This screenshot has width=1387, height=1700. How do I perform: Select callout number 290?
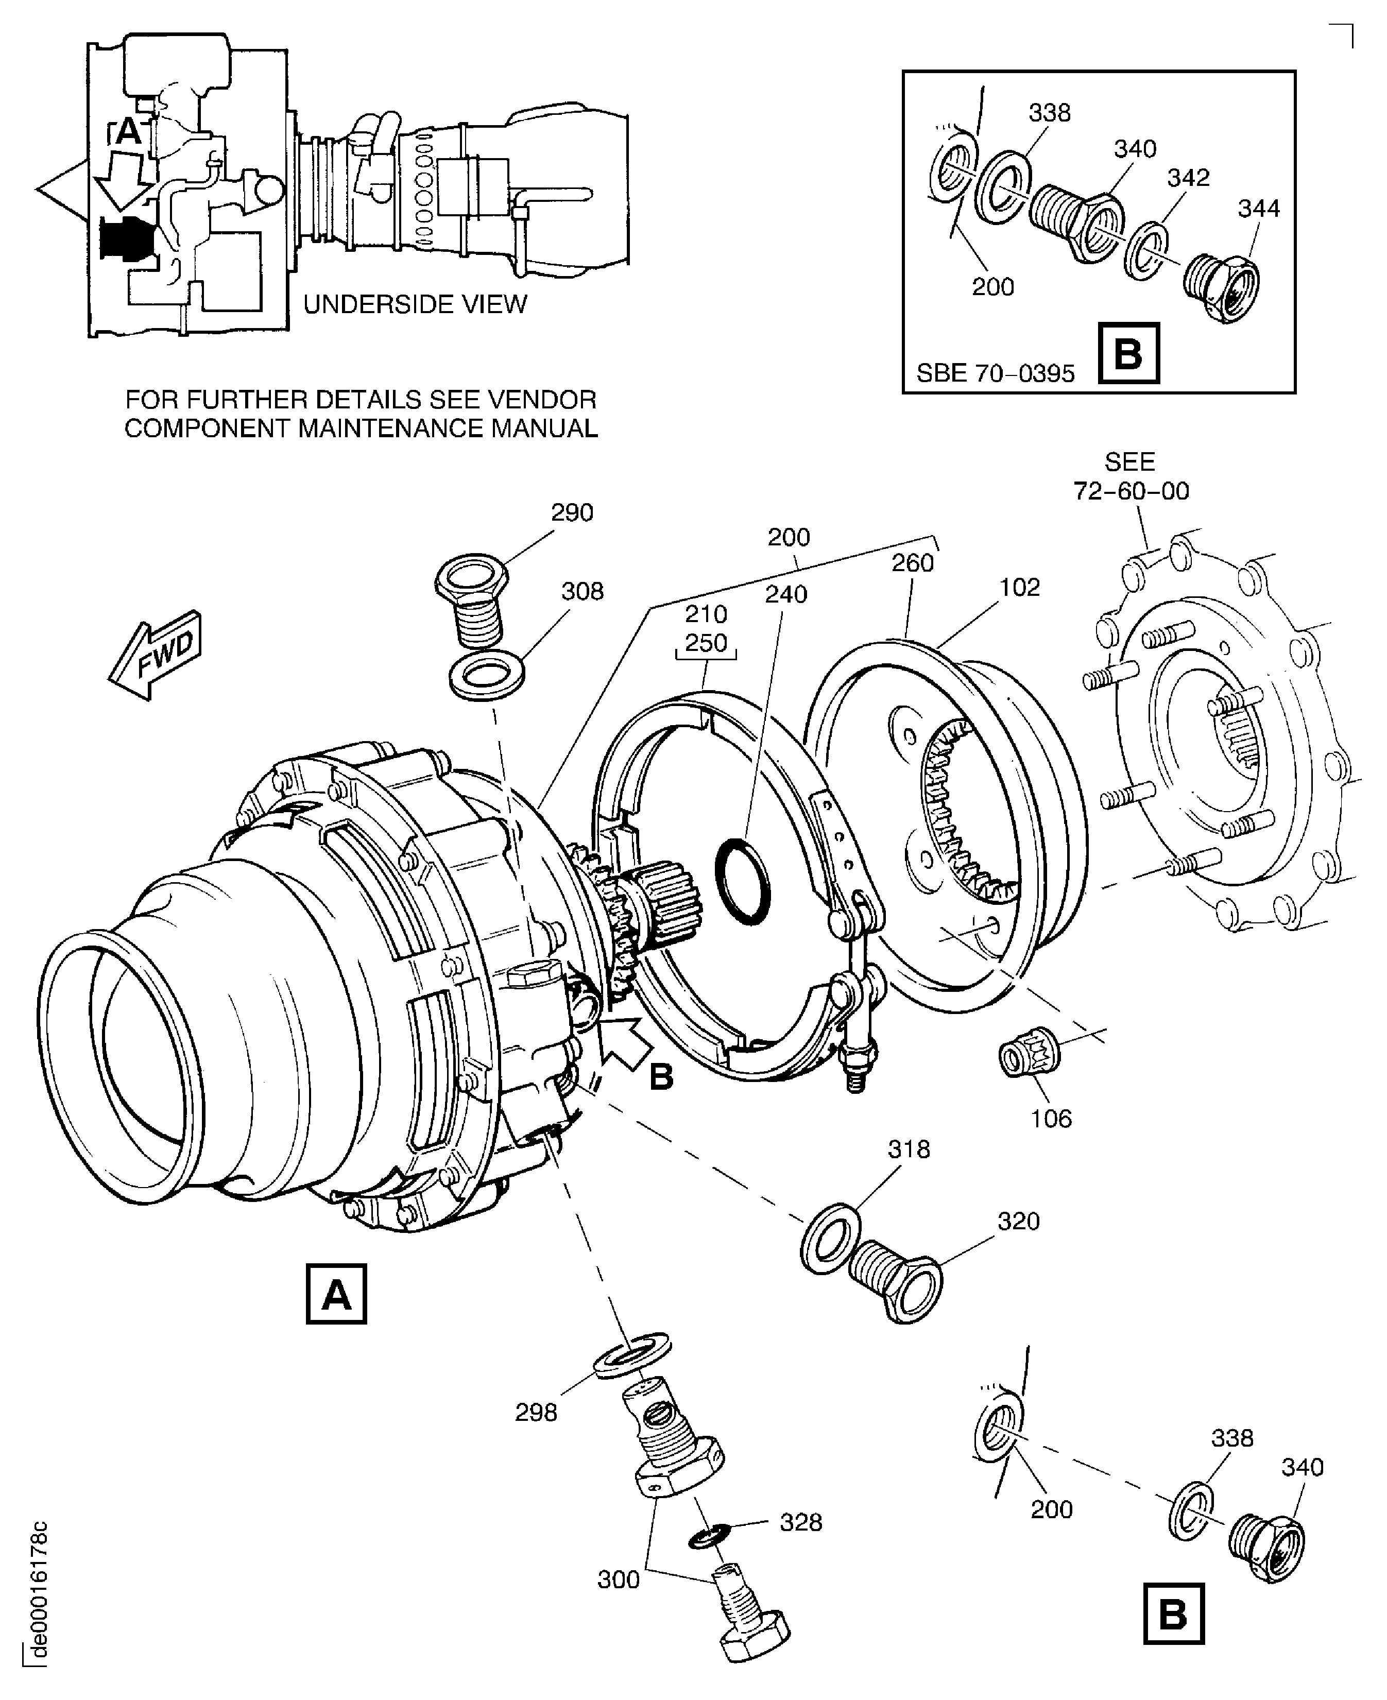[572, 512]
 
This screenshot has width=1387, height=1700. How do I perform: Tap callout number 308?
[581, 591]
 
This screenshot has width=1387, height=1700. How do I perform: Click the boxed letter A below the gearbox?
[336, 1293]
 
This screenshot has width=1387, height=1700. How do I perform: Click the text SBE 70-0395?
[996, 373]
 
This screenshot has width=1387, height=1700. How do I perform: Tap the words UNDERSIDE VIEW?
[416, 304]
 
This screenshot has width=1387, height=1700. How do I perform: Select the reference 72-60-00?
[1131, 490]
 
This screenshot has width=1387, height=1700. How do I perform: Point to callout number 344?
[1258, 209]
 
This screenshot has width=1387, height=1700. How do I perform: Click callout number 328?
[800, 1523]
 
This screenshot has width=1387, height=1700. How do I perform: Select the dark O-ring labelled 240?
[743, 882]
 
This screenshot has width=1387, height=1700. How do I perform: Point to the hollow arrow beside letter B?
[629, 1040]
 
